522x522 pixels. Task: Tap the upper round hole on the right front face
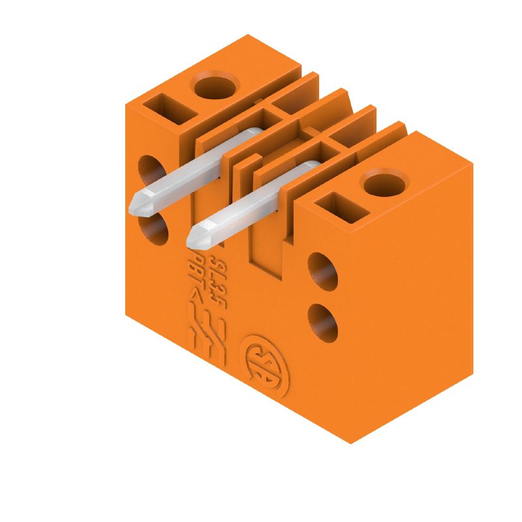click(322, 270)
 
